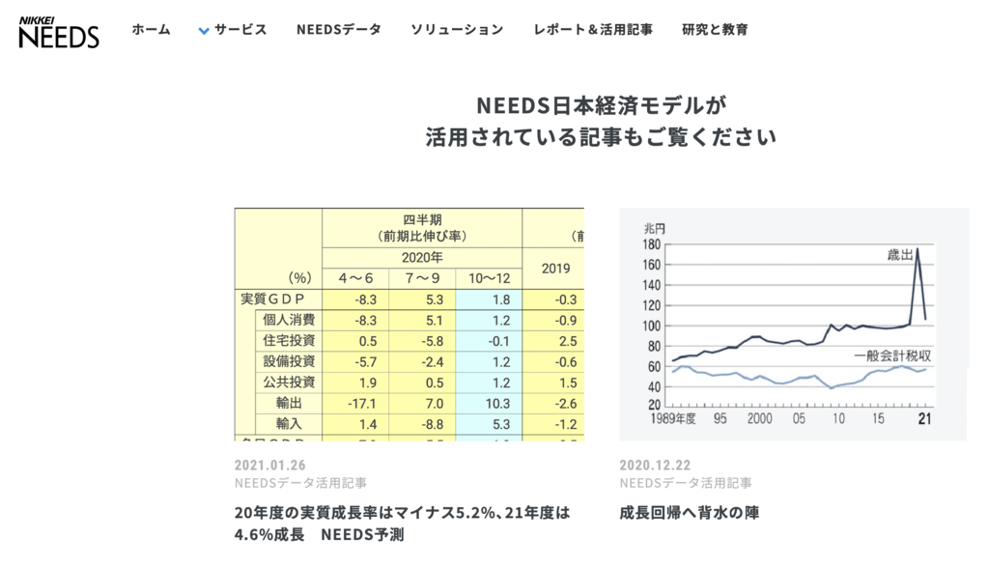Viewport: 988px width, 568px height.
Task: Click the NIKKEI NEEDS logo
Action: click(x=59, y=32)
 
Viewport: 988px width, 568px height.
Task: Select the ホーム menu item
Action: click(x=152, y=30)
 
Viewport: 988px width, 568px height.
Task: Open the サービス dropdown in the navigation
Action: click(x=240, y=30)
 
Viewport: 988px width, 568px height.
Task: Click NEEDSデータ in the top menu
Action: click(x=339, y=30)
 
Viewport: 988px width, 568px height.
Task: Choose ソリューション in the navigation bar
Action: click(x=457, y=30)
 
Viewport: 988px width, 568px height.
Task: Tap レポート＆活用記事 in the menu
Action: click(x=593, y=30)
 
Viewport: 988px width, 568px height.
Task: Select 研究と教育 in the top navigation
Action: click(x=715, y=30)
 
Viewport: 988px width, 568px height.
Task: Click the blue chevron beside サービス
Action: click(x=204, y=31)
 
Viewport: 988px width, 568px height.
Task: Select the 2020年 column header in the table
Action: click(x=422, y=258)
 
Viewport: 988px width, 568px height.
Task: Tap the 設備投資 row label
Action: click(x=289, y=361)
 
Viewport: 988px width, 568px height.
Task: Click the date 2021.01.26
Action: click(x=268, y=465)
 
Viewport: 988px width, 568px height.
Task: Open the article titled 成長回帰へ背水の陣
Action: click(x=690, y=513)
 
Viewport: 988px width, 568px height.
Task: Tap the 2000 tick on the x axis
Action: click(x=759, y=418)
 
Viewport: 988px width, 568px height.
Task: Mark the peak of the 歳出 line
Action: click(x=917, y=249)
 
